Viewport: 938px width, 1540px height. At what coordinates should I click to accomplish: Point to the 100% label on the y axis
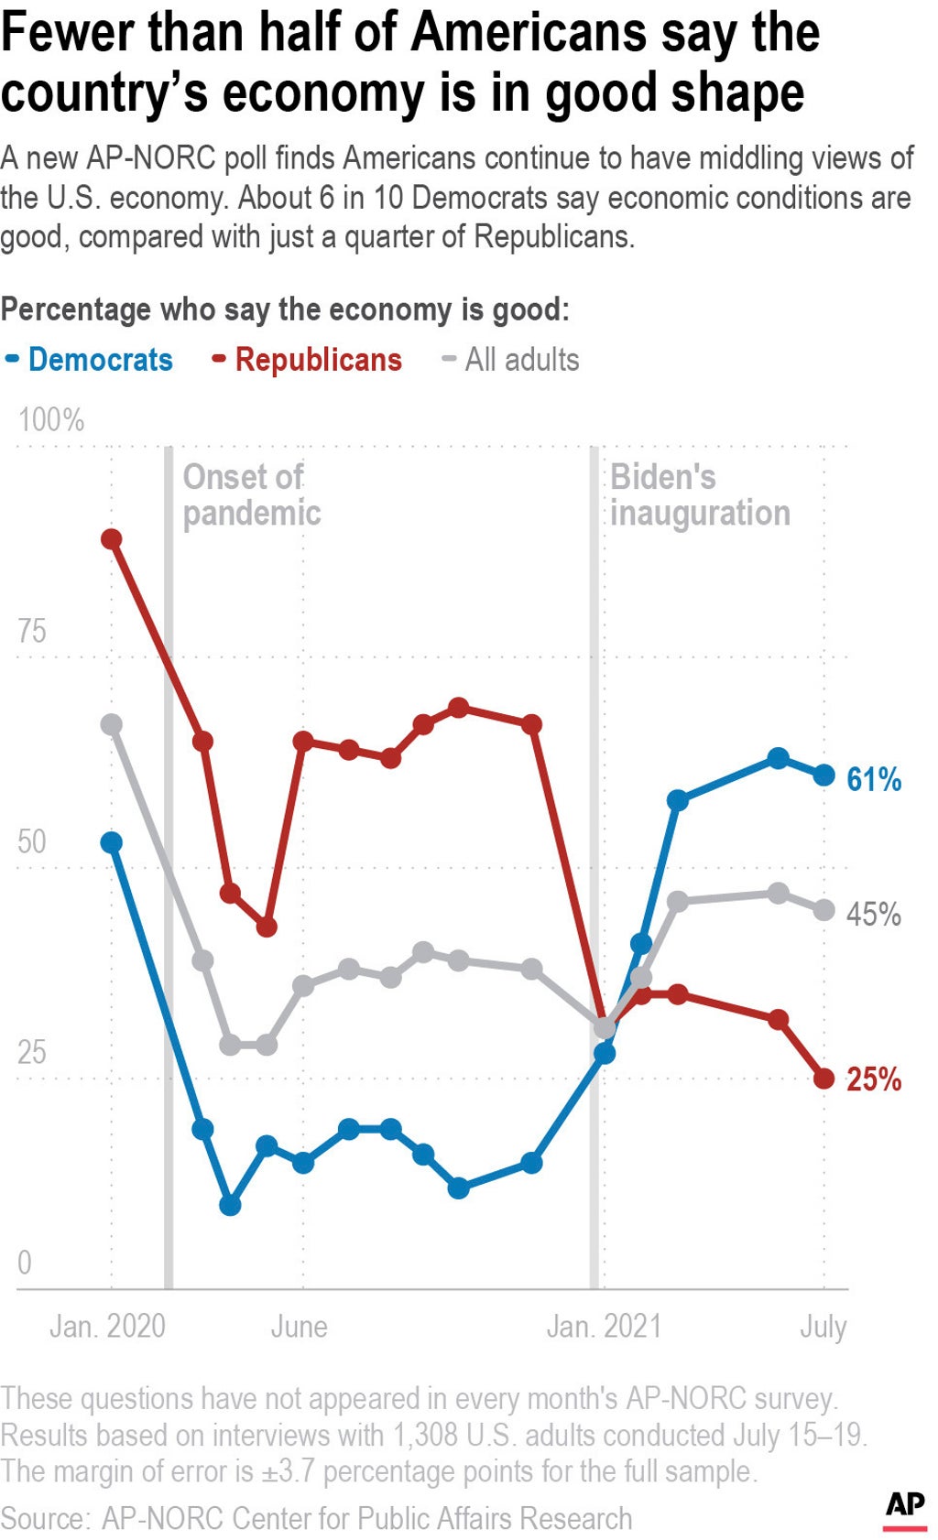click(51, 420)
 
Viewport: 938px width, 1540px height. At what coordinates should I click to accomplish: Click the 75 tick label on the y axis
click(32, 631)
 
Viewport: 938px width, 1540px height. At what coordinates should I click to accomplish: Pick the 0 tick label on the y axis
click(25, 1263)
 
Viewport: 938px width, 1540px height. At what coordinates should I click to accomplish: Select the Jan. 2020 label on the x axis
click(107, 1326)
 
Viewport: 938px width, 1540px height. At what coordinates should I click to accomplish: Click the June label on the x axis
click(299, 1326)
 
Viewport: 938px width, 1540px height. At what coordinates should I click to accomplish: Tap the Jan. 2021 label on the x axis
click(604, 1326)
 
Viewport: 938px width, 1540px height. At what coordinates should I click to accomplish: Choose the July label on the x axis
click(823, 1326)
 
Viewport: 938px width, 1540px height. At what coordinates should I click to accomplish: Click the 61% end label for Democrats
click(874, 779)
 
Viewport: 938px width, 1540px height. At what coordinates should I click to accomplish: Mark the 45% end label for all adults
click(874, 914)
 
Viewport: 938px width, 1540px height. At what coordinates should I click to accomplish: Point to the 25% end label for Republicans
click(874, 1079)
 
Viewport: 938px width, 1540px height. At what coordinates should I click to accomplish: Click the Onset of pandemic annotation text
click(251, 494)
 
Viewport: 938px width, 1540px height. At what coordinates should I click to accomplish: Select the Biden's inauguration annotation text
click(700, 494)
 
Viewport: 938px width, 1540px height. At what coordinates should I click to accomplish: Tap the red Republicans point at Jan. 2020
click(112, 538)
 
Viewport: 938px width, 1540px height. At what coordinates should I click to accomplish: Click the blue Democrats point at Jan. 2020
click(112, 842)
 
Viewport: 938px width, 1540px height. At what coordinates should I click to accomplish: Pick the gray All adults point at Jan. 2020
click(112, 725)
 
